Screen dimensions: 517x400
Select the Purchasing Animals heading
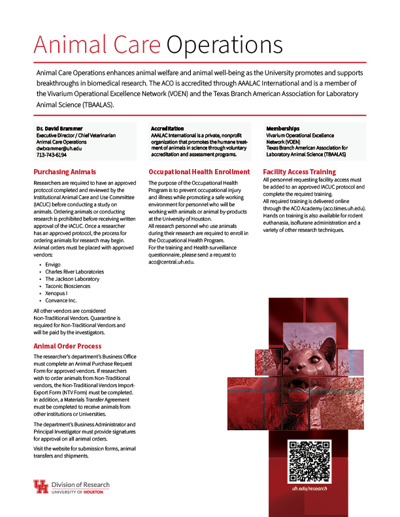coord(65,172)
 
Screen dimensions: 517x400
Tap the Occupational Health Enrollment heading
coord(199,172)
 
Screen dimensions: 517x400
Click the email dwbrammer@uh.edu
coord(59,148)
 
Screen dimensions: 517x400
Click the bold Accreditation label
coord(167,129)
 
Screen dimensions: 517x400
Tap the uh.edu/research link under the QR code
coord(309,488)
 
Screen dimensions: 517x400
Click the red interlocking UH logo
coord(41,487)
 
